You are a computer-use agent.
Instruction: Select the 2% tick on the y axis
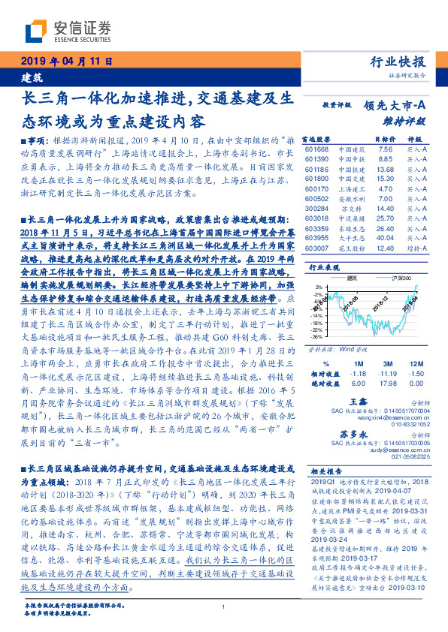[x=320, y=287]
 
